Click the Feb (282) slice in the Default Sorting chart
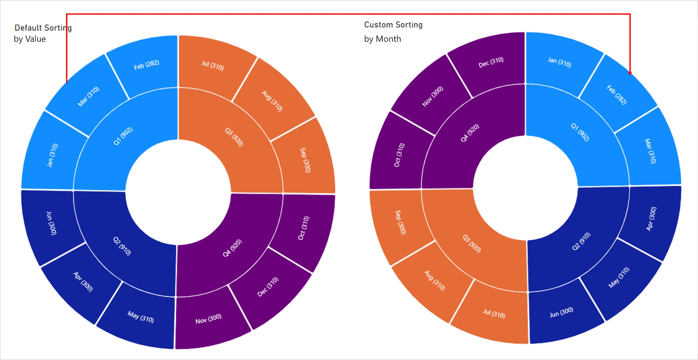pos(146,65)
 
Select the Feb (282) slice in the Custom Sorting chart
pos(617,95)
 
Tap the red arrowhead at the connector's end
pos(630,73)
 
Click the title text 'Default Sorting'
pos(43,28)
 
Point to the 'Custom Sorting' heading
pos(393,25)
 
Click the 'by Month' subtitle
pos(382,39)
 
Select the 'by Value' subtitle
pos(30,39)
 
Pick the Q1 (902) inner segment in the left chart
pos(123,136)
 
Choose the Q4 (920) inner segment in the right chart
pos(470,133)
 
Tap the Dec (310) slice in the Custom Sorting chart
pos(491,62)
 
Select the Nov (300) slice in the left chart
pos(208,319)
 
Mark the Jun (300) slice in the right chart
pos(561,312)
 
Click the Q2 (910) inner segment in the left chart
pos(122,246)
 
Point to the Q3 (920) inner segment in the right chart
pos(472,244)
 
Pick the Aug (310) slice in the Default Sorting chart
pos(272,101)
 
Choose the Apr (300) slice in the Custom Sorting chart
pos(651,219)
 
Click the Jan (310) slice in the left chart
pos(52,155)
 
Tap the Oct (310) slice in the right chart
pos(399,155)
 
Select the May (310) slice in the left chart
pos(141,317)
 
